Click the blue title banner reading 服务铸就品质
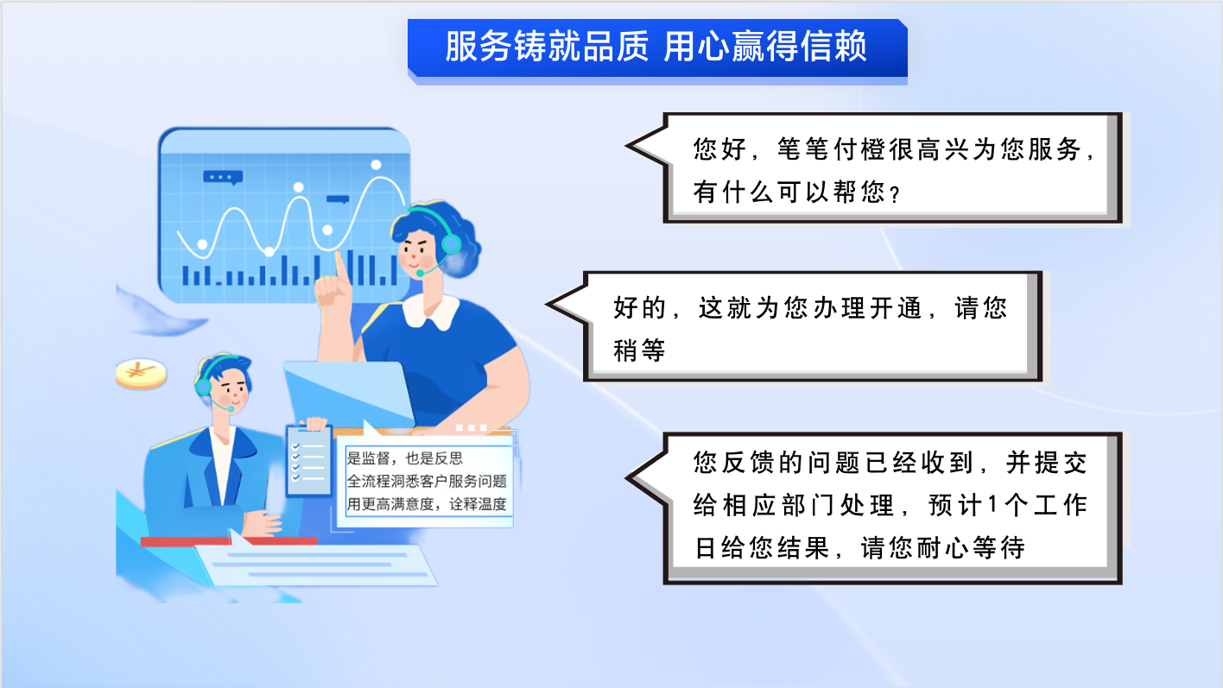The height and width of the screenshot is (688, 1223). (657, 48)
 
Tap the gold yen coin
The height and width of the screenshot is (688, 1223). (141, 374)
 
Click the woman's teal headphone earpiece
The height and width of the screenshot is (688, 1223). (451, 244)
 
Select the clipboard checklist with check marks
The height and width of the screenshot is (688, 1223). (309, 462)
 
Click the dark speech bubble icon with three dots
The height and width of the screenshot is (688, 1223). (223, 177)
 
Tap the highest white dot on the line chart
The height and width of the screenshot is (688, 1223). (377, 165)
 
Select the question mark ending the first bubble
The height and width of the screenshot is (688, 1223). (894, 194)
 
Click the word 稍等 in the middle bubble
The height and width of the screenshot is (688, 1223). (639, 350)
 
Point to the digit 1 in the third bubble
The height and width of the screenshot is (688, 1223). (992, 505)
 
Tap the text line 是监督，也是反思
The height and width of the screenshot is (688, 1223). (404, 458)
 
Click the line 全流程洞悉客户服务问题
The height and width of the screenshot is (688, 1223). (427, 481)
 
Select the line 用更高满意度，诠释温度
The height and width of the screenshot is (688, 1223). (427, 504)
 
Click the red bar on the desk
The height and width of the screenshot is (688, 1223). (229, 541)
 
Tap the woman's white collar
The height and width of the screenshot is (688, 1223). (431, 312)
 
